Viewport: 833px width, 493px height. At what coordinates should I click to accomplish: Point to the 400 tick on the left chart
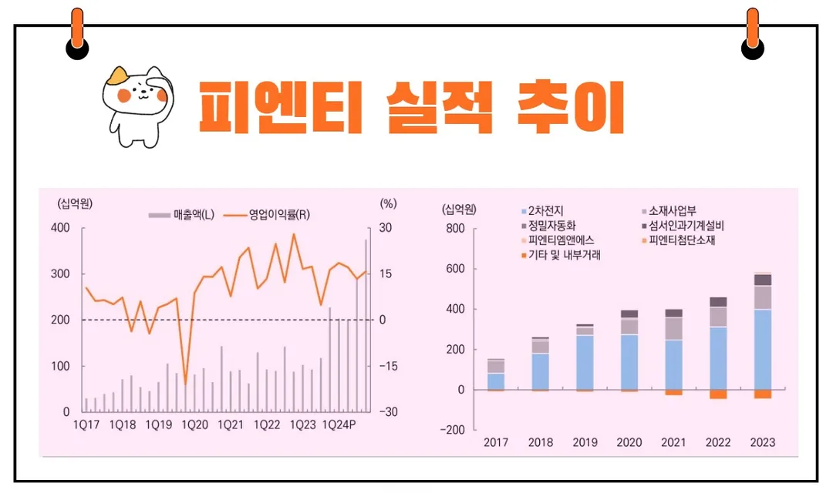(x=60, y=228)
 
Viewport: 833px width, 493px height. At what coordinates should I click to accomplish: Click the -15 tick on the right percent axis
(x=388, y=366)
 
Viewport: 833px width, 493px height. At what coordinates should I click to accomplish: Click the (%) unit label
(x=388, y=203)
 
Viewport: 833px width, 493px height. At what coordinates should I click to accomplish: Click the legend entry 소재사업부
(x=670, y=210)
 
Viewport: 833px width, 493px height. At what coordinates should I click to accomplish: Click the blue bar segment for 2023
(x=762, y=349)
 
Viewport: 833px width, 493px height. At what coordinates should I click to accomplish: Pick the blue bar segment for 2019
(x=584, y=362)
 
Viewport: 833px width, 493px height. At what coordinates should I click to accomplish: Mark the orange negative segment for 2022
(x=718, y=394)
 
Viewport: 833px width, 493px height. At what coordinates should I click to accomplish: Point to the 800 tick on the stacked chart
(x=455, y=229)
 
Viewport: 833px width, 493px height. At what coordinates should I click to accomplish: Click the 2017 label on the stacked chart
(x=496, y=443)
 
